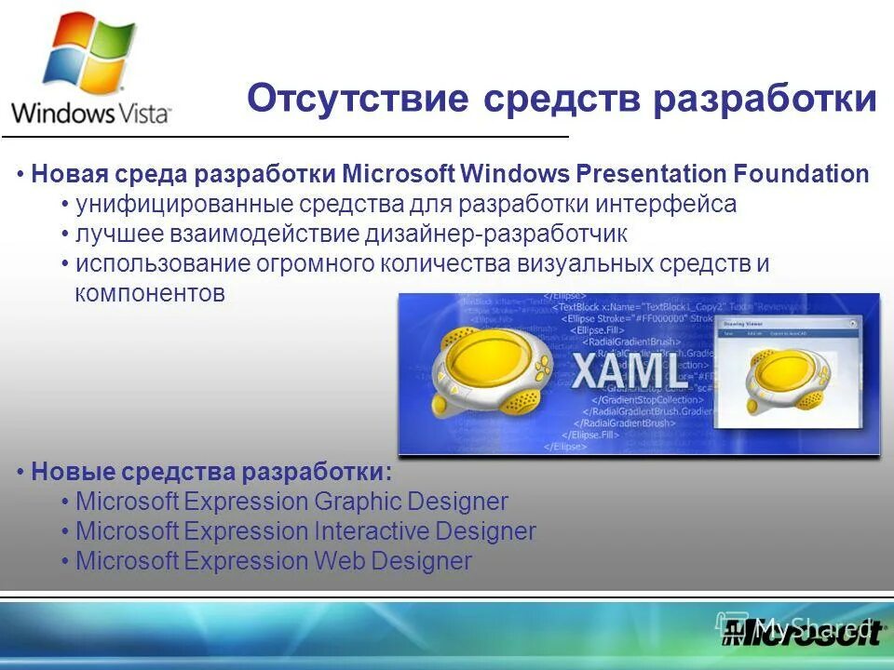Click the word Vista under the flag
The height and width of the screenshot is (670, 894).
(x=144, y=114)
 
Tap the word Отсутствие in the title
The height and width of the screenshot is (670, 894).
(x=358, y=99)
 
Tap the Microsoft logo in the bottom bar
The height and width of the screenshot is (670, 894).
(x=802, y=634)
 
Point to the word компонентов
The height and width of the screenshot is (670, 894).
(x=150, y=293)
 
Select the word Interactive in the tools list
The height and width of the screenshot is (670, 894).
(x=370, y=532)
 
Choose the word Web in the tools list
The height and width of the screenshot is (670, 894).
(x=338, y=562)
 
